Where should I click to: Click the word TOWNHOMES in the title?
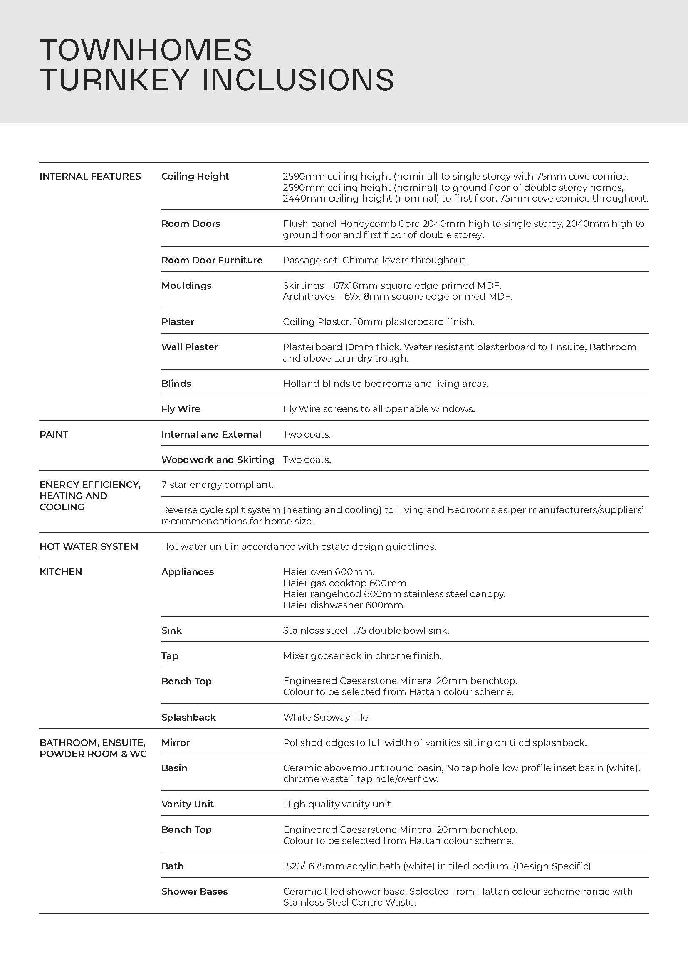click(146, 50)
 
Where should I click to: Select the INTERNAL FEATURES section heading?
click(90, 177)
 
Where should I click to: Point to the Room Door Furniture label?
click(212, 261)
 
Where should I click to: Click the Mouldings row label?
click(186, 286)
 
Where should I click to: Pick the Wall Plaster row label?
click(189, 347)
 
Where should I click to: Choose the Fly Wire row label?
click(181, 409)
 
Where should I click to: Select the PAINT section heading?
click(54, 434)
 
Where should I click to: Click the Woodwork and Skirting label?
click(218, 460)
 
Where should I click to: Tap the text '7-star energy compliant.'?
click(217, 485)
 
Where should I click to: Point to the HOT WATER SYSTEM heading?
click(89, 546)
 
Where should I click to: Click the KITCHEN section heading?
click(61, 572)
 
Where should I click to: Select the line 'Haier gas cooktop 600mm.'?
click(346, 583)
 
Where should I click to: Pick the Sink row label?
click(171, 630)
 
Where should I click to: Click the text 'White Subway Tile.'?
click(327, 717)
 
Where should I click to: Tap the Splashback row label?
click(188, 717)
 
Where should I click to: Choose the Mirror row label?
click(176, 743)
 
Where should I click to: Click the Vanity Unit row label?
click(187, 804)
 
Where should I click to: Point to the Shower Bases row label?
click(194, 891)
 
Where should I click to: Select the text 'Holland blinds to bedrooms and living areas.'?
click(386, 384)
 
